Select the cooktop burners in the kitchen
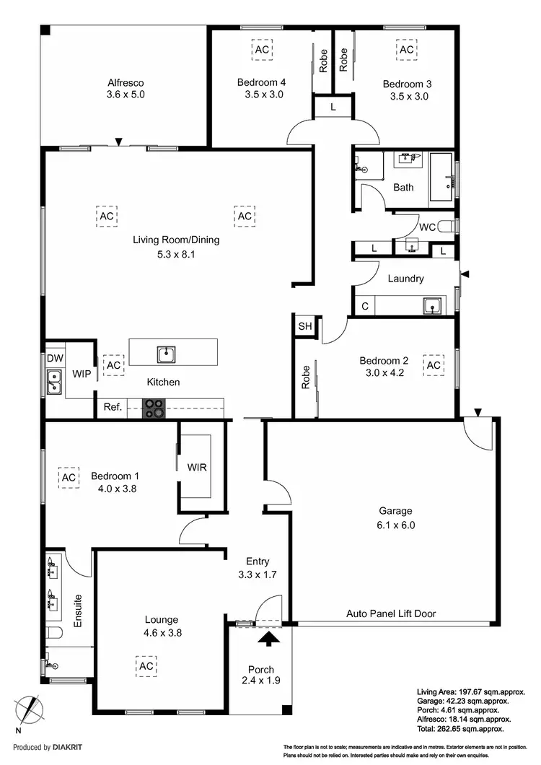(154, 408)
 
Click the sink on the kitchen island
(167, 354)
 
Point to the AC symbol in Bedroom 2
(434, 365)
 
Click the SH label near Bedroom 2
(304, 326)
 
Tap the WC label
(427, 227)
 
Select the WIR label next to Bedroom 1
(197, 467)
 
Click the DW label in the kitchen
(55, 358)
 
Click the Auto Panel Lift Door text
(391, 614)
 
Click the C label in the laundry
(365, 306)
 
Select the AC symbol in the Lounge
(146, 665)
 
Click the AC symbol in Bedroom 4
(262, 49)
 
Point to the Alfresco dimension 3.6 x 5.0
(126, 94)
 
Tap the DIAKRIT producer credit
(42, 748)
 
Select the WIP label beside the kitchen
(80, 374)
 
